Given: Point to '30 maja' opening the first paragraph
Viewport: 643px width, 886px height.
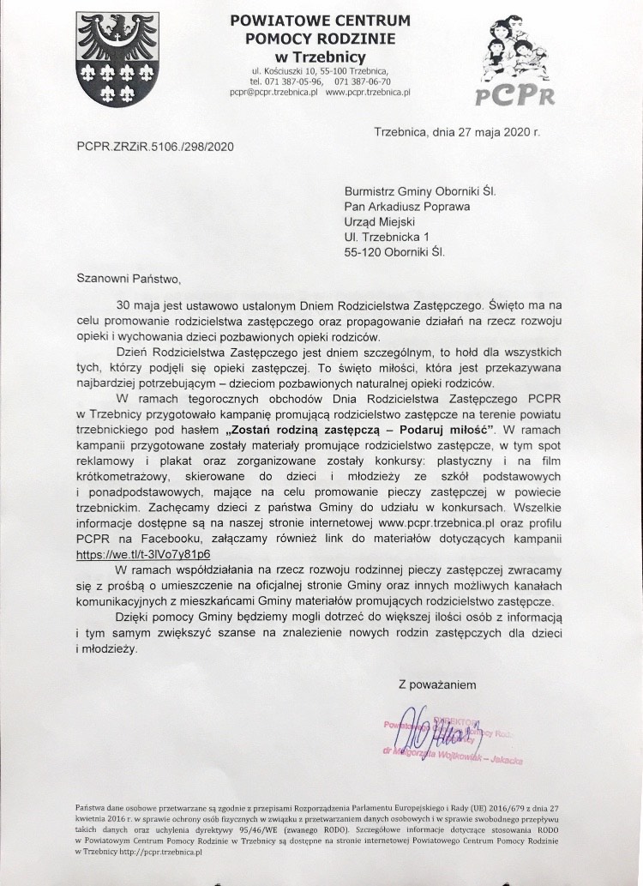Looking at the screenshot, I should [140, 304].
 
